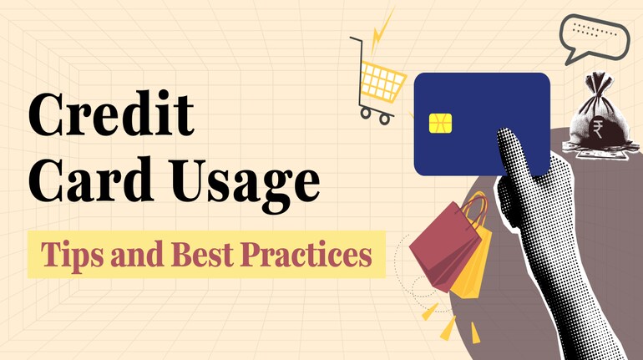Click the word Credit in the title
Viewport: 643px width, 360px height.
pyautogui.click(x=111, y=114)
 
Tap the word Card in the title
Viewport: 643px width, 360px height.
pyautogui.click(x=90, y=180)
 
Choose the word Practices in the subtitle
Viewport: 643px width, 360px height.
pyautogui.click(x=306, y=254)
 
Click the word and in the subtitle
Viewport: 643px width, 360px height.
pyautogui.click(x=138, y=254)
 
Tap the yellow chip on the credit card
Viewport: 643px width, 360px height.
pyautogui.click(x=440, y=124)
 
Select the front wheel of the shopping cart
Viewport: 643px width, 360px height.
pyautogui.click(x=385, y=119)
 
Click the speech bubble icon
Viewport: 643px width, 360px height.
pyautogui.click(x=594, y=37)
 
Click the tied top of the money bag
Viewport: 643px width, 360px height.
pyautogui.click(x=599, y=81)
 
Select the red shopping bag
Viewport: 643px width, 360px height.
pyautogui.click(x=445, y=246)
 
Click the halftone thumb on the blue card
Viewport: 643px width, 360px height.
pyautogui.click(x=514, y=152)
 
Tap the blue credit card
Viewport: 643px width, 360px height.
pyautogui.click(x=482, y=124)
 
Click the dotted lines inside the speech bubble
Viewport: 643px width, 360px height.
pyautogui.click(x=594, y=30)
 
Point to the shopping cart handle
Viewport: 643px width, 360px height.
pyautogui.click(x=356, y=39)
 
